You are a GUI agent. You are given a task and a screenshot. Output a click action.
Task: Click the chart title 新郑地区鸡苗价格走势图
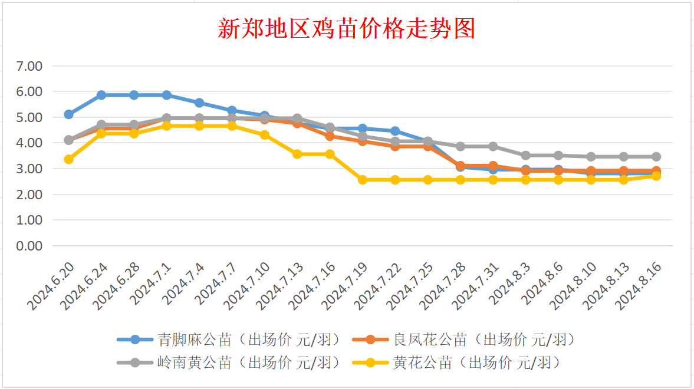[347, 28]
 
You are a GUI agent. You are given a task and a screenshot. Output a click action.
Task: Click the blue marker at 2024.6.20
[68, 114]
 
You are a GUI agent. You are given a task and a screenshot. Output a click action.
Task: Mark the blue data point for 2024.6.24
[101, 95]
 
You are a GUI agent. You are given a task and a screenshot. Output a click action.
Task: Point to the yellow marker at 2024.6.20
[68, 159]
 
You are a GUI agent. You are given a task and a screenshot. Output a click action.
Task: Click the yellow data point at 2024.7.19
[363, 180]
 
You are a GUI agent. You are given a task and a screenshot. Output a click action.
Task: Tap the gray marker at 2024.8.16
[656, 157]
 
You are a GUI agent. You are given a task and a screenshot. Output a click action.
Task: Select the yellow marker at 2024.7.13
[297, 154]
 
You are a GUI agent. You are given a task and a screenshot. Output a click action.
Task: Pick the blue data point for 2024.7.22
[395, 131]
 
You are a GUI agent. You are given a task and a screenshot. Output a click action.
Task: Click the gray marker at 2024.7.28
[461, 146]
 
